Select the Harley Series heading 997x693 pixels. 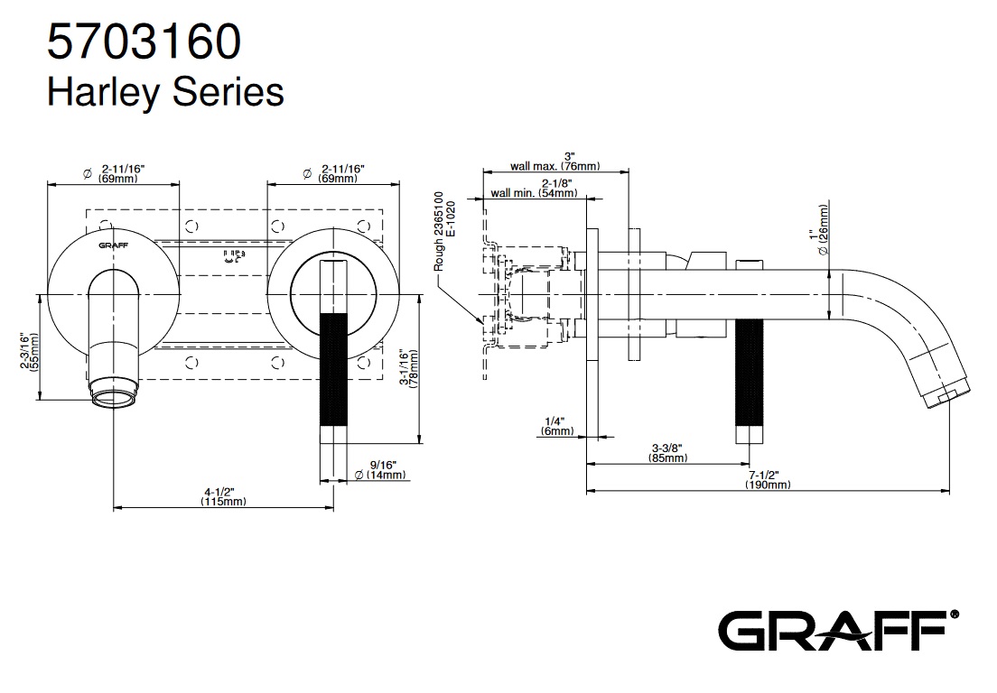[x=165, y=91]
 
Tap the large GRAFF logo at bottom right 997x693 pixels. [x=837, y=628]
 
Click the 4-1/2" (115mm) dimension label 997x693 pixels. [x=223, y=497]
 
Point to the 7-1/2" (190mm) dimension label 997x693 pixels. [x=767, y=479]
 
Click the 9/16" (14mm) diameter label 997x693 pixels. [x=379, y=469]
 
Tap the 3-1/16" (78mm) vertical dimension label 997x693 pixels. [x=408, y=368]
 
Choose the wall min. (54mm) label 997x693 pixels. [x=533, y=192]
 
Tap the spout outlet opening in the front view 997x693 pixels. [x=114, y=394]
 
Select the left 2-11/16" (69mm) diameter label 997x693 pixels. [x=120, y=173]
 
